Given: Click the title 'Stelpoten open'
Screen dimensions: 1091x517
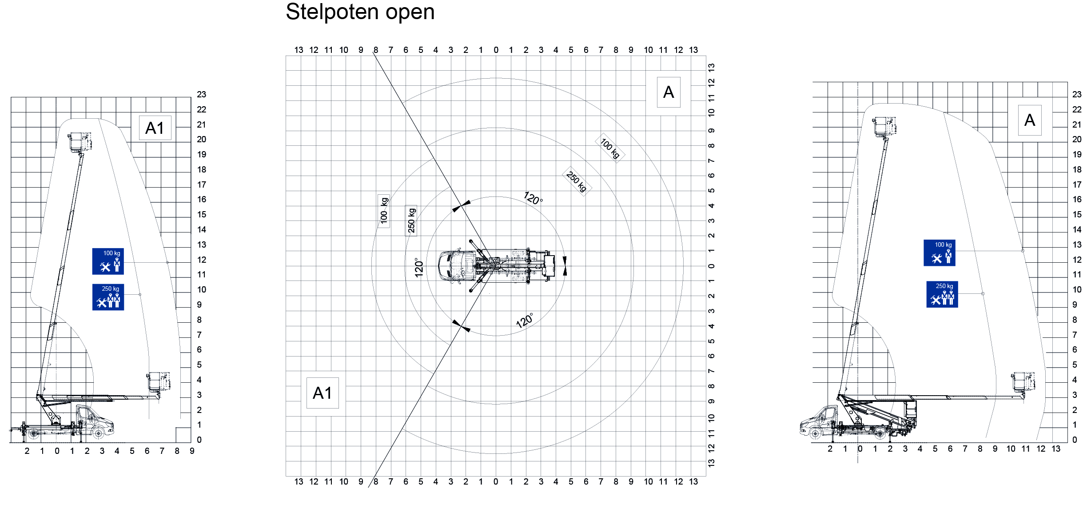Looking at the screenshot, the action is pyautogui.click(x=360, y=12).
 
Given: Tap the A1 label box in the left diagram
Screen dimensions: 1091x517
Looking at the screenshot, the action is pyautogui.click(x=155, y=128).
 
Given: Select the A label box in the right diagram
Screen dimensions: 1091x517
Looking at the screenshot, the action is pyautogui.click(x=1030, y=120).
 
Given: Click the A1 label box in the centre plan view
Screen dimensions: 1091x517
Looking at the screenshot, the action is pyautogui.click(x=323, y=393).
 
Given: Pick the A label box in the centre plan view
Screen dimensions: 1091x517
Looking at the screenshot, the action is pyautogui.click(x=669, y=92).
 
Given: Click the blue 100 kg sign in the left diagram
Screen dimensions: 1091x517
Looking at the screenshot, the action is pyautogui.click(x=108, y=261).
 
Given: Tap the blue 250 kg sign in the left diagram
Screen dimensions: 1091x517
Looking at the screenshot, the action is pyautogui.click(x=108, y=297).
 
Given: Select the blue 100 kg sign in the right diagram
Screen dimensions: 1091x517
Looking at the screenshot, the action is pyautogui.click(x=939, y=253).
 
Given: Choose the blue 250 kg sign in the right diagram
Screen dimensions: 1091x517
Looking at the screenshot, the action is pyautogui.click(x=942, y=294).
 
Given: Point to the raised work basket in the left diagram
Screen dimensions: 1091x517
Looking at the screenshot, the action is pyautogui.click(x=80, y=142).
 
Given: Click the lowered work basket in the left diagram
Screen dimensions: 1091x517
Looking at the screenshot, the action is pyautogui.click(x=159, y=382).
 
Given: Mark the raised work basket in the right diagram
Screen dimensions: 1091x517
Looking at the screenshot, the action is pyautogui.click(x=884, y=127).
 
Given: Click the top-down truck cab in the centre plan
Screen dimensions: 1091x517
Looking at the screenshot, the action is pyautogui.click(x=456, y=266).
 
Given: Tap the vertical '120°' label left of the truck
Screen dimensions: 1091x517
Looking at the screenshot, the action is pyautogui.click(x=418, y=268).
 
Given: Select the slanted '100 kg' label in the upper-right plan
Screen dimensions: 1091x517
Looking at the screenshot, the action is pyautogui.click(x=610, y=148).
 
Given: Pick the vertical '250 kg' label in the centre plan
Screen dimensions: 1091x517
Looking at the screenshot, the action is pyautogui.click(x=411, y=220).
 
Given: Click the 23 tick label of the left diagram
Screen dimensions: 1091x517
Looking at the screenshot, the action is pyautogui.click(x=202, y=94).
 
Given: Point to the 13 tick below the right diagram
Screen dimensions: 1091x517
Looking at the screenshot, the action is pyautogui.click(x=1056, y=449).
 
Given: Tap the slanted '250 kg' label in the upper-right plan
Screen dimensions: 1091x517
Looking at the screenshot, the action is pyautogui.click(x=577, y=181).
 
